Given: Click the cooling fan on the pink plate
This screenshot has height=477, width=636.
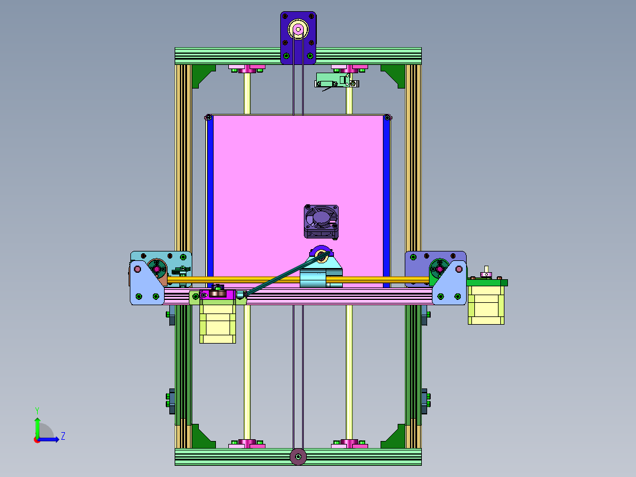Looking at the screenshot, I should point(321,221).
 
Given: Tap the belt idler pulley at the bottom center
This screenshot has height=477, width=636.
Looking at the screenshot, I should point(298,456).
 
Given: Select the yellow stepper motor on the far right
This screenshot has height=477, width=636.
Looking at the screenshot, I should point(486,302).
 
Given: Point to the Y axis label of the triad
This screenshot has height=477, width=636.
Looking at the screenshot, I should point(37,409).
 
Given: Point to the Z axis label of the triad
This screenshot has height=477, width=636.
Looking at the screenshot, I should point(63,436).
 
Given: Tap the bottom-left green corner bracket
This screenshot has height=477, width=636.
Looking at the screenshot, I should point(202,437).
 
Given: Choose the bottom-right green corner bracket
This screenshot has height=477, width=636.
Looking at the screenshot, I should point(395,437).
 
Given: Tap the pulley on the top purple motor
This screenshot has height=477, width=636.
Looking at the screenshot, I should point(298,30).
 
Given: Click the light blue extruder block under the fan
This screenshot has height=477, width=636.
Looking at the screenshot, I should point(314,279).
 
